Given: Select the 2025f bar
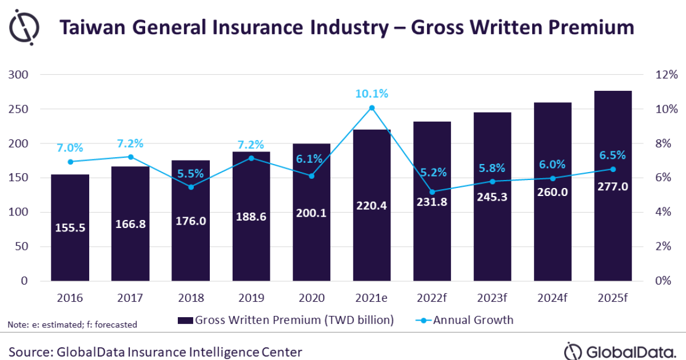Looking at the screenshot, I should tap(612, 240).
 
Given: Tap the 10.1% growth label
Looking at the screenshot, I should tap(372, 93).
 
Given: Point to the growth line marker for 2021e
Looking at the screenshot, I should tap(372, 107).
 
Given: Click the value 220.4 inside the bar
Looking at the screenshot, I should tap(372, 206).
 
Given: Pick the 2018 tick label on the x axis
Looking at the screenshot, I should tap(190, 298).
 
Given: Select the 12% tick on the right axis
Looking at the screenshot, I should tap(666, 75).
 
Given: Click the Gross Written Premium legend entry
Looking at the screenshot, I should tap(286, 320).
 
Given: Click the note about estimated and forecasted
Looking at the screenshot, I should tap(73, 325).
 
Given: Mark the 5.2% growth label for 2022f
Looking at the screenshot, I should tap(432, 173).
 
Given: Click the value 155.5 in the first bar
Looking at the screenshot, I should tap(70, 227).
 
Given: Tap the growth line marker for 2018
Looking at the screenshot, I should tap(191, 187).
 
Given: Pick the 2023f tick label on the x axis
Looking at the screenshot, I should tap(492, 298).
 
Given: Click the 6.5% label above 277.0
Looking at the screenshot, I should tap(612, 155).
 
